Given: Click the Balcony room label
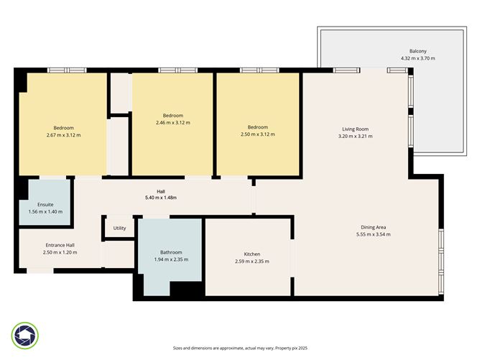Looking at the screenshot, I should (x=417, y=51).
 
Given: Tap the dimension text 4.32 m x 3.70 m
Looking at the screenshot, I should (x=417, y=58).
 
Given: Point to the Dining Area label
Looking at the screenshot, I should (x=374, y=228).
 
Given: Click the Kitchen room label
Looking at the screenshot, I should (x=251, y=254).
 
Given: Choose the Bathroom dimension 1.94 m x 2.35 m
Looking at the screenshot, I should (x=171, y=259).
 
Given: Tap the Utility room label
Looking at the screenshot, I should (x=119, y=229).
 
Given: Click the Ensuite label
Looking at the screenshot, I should (x=46, y=205).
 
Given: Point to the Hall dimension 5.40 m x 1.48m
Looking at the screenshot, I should (x=161, y=198).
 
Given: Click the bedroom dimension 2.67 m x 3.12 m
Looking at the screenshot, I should (x=63, y=135).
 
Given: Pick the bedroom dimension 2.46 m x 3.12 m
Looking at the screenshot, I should (x=172, y=123).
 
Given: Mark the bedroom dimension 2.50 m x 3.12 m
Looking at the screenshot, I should (x=257, y=134).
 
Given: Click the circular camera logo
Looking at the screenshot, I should (x=25, y=335).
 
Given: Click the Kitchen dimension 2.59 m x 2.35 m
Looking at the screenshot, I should (x=251, y=262).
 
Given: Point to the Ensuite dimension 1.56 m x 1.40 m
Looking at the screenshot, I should (x=46, y=212).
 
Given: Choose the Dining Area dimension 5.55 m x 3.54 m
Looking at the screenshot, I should (x=374, y=235).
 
